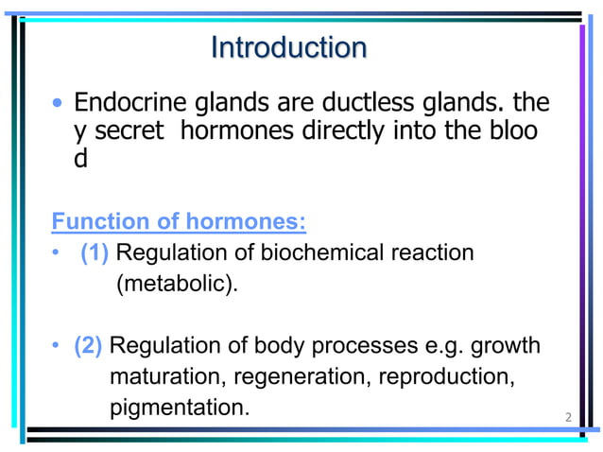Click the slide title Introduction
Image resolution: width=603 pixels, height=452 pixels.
point(288,47)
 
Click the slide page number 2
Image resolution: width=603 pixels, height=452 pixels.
point(568,417)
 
